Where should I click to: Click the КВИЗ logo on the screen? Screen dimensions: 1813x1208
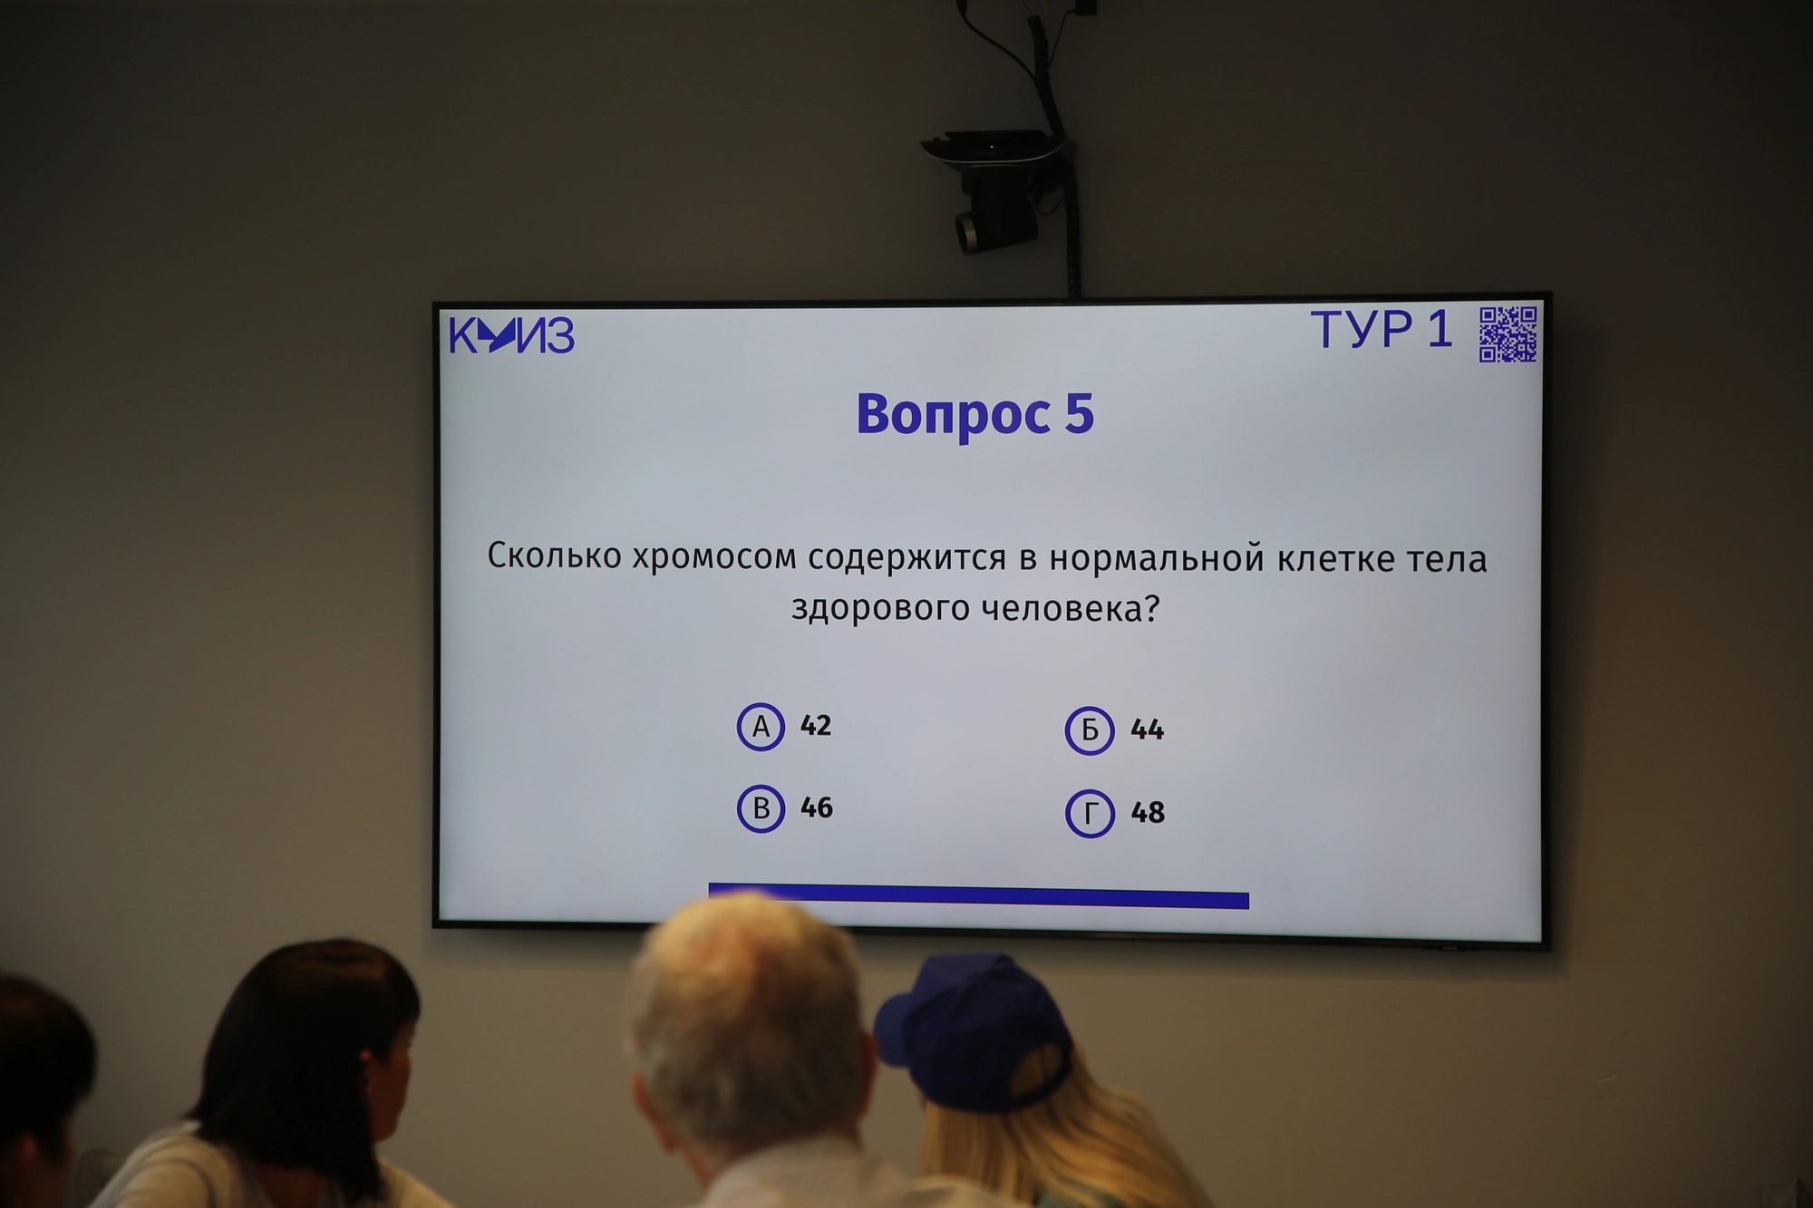tap(511, 335)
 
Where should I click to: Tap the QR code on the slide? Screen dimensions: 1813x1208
tap(1508, 333)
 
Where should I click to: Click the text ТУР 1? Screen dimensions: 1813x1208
tap(1382, 329)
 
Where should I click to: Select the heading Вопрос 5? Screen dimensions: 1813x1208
tap(975, 414)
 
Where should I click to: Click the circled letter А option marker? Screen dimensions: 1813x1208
tap(761, 726)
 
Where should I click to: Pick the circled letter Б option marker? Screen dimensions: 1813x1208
tap(1090, 730)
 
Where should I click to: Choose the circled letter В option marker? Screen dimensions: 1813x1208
tap(761, 808)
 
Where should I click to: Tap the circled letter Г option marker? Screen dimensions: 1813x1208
tap(1090, 813)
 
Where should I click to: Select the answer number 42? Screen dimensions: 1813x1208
tap(816, 725)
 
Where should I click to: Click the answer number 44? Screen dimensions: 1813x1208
tap(1147, 730)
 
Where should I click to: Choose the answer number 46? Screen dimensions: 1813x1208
tap(817, 807)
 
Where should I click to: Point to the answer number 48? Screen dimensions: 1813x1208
tap(1148, 812)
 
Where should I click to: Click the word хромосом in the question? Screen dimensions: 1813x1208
tap(714, 556)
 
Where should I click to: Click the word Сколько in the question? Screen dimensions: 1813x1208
tap(555, 555)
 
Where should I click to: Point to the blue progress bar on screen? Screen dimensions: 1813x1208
tap(979, 895)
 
